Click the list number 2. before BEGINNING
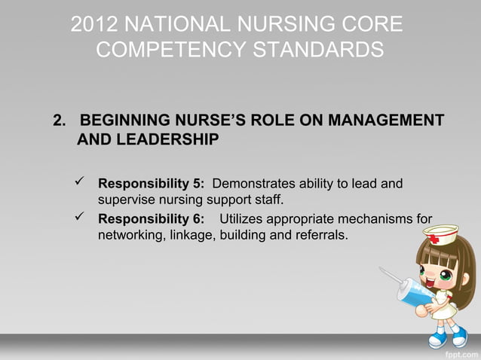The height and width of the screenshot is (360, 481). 60,121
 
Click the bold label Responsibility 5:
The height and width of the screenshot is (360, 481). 152,184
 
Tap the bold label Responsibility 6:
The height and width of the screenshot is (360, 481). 152,220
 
